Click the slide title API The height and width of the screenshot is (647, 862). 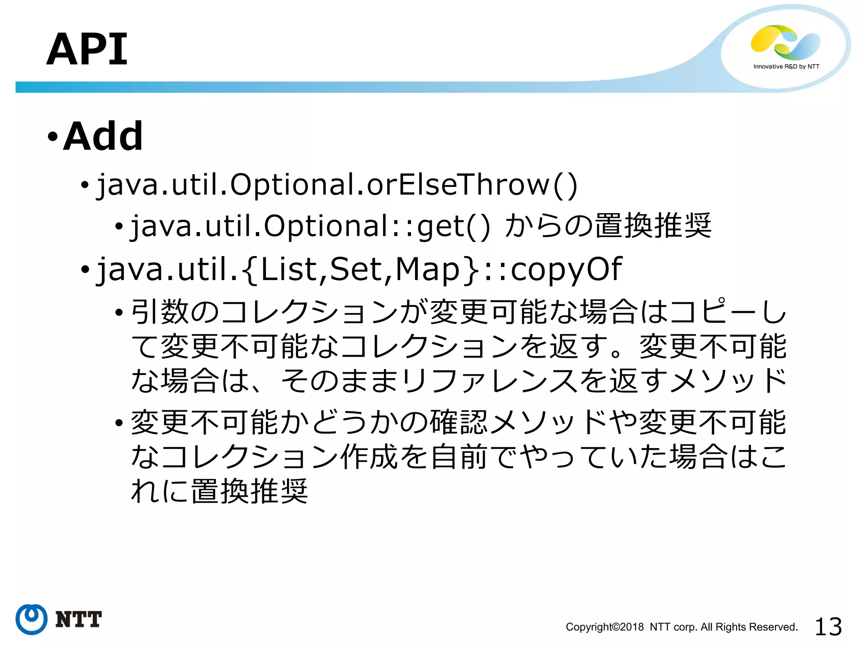point(87,50)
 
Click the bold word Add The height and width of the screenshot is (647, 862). point(103,136)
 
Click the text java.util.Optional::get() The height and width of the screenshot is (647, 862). point(310,226)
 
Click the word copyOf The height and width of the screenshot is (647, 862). point(566,269)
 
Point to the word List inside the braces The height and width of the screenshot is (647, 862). point(288,269)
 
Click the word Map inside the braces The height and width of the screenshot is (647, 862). point(428,269)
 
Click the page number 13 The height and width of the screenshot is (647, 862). point(828,627)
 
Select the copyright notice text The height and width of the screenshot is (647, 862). point(681,627)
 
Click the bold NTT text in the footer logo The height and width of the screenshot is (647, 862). point(78,620)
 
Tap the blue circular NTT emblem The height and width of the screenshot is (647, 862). point(32,619)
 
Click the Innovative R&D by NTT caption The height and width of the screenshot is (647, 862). point(786,67)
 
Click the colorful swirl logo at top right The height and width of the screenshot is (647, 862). point(785,43)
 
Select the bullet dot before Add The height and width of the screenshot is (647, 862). point(52,137)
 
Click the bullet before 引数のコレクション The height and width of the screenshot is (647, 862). point(119,313)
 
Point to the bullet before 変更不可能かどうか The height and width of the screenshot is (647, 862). point(119,423)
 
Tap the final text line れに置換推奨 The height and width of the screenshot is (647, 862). point(219,491)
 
